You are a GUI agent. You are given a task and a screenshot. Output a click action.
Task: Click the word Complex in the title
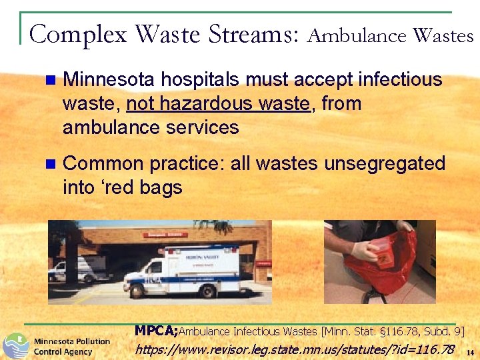[79, 33]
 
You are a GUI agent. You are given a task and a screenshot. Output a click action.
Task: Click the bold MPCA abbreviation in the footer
[156, 330]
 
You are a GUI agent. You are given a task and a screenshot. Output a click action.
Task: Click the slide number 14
[470, 352]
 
